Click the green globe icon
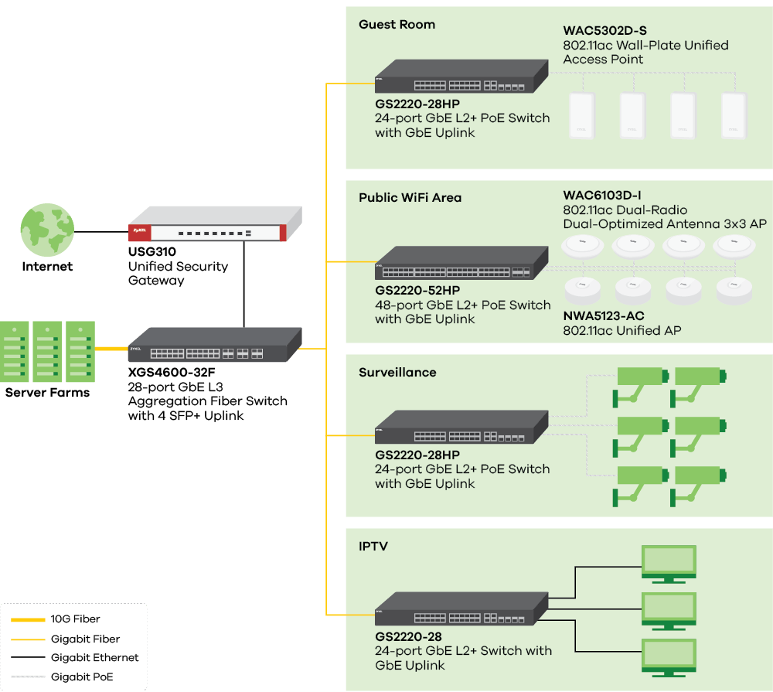coord(47,230)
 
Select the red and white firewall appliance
coord(216,225)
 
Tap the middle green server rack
coord(47,352)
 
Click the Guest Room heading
coord(397,25)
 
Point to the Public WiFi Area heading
coord(410,198)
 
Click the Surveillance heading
coord(397,373)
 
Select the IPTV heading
coord(373,547)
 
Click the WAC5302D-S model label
coord(605,31)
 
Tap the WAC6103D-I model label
coord(602,196)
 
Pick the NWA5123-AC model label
coord(604,316)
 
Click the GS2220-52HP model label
coord(417,291)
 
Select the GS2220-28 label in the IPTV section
coord(409,636)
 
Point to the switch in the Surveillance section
coord(461,428)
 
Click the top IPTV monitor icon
coord(669,563)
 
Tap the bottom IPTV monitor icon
coord(669,656)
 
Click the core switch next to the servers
coord(215,345)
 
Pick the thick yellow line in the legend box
coord(28,620)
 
